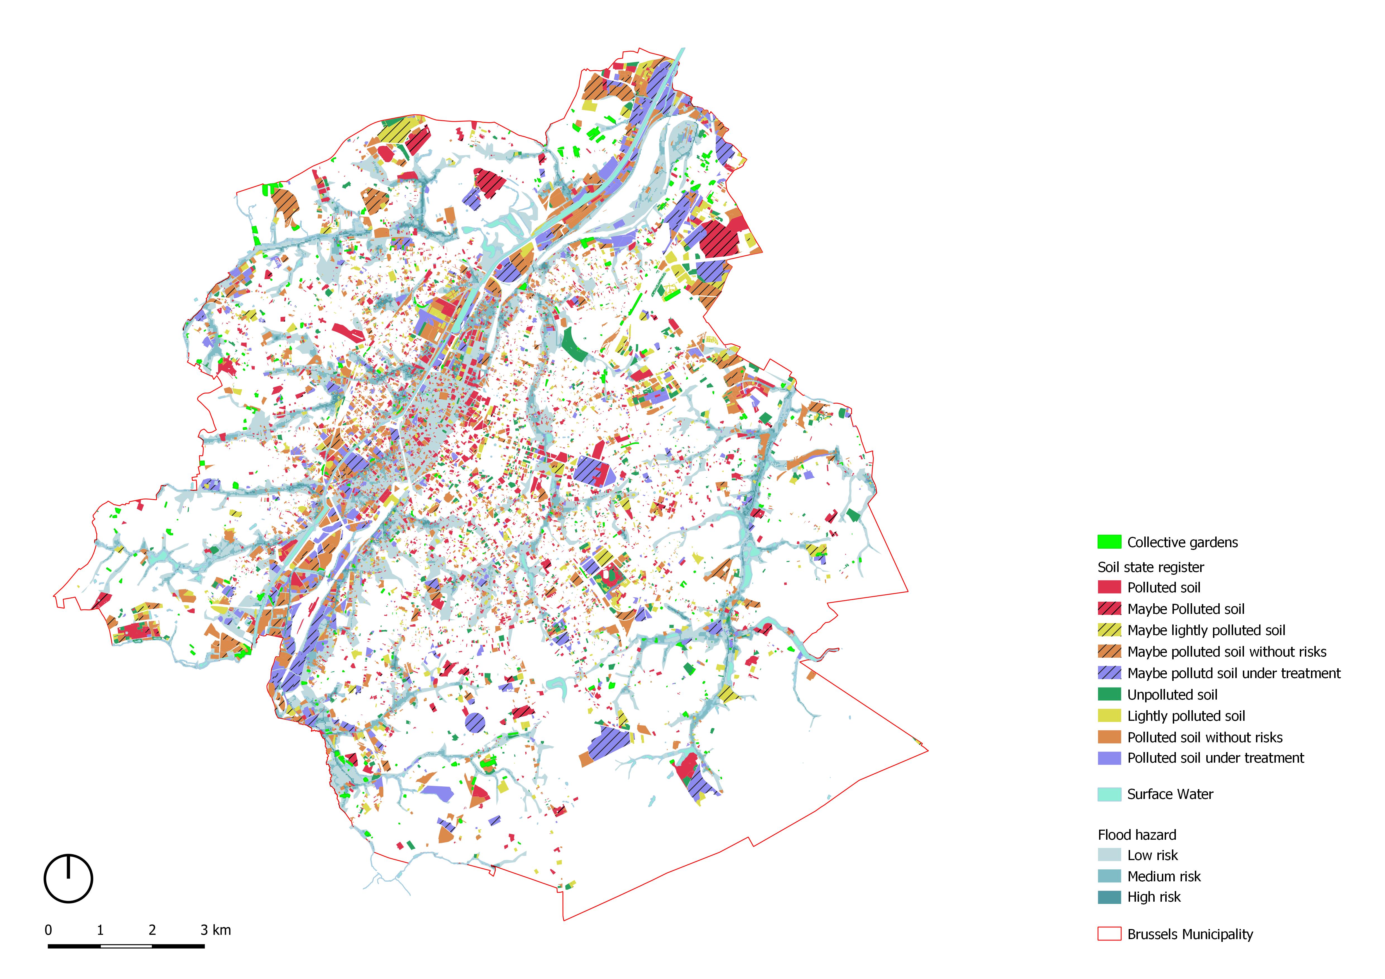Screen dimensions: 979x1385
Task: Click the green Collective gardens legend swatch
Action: click(x=1109, y=542)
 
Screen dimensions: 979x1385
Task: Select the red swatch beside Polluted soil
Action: click(x=1109, y=587)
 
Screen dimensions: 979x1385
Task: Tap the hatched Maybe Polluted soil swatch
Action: click(x=1109, y=609)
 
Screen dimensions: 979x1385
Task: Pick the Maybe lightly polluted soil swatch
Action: click(x=1109, y=630)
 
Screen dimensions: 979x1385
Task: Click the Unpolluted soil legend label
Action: click(x=1172, y=694)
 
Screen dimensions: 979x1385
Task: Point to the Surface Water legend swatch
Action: click(x=1109, y=794)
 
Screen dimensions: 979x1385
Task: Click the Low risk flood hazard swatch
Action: click(x=1109, y=855)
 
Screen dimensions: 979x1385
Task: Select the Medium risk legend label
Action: click(x=1164, y=876)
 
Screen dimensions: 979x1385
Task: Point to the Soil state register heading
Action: click(x=1150, y=567)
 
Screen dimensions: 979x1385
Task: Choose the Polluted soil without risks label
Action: click(x=1205, y=737)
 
